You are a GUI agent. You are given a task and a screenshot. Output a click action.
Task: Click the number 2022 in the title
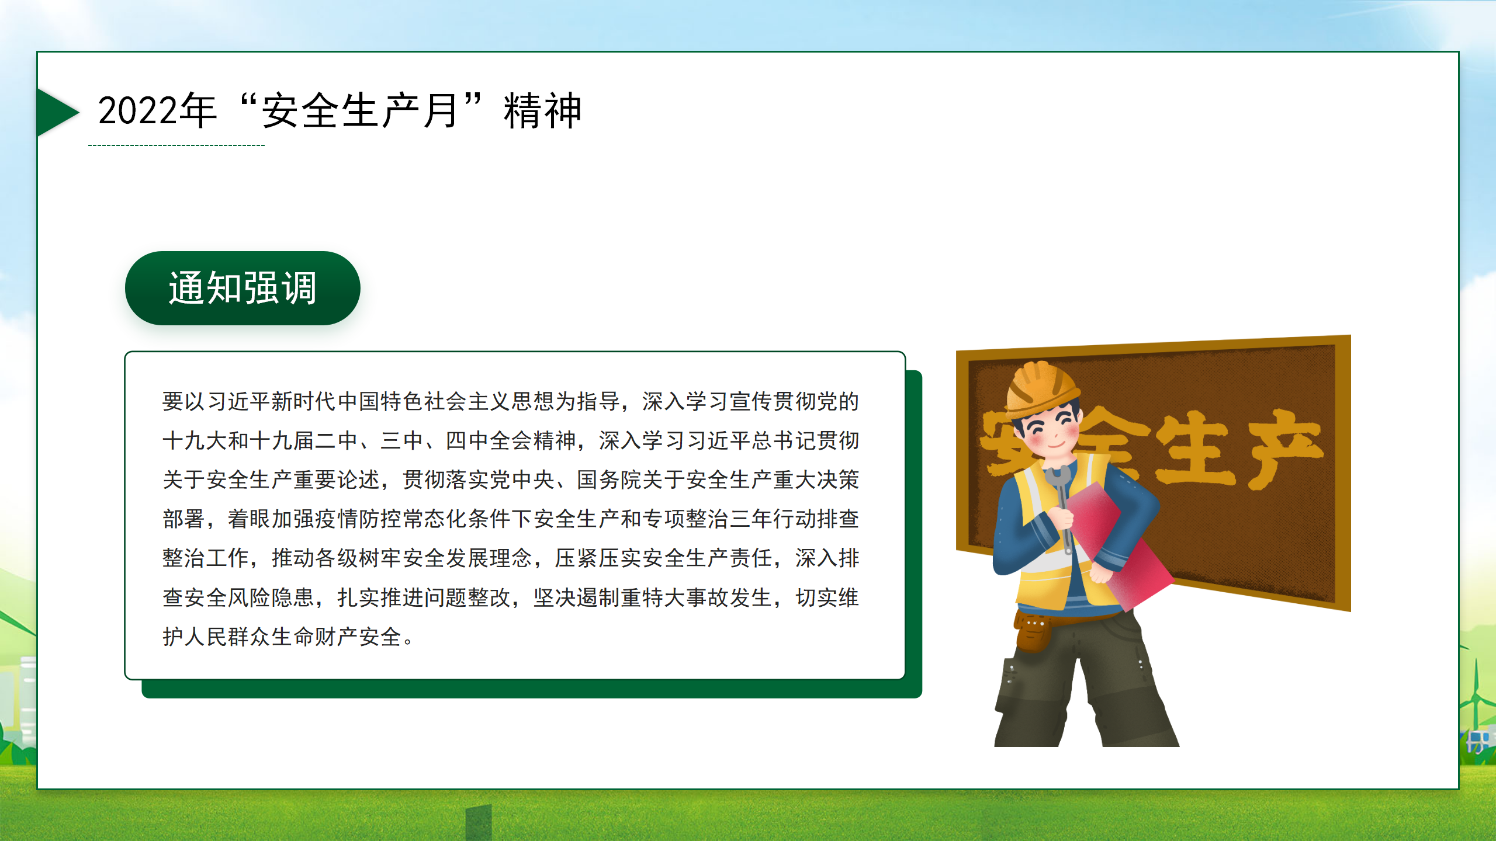point(138,110)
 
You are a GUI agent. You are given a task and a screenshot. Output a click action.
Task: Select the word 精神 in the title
point(542,110)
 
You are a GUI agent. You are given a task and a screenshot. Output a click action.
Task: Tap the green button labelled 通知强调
point(243,288)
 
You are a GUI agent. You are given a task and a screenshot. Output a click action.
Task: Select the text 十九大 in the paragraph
point(195,441)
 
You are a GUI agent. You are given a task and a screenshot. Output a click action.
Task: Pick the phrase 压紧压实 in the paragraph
point(598,558)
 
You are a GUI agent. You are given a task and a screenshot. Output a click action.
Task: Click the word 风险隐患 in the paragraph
point(272,597)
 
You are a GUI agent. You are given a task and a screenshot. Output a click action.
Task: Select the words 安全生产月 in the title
point(359,110)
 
